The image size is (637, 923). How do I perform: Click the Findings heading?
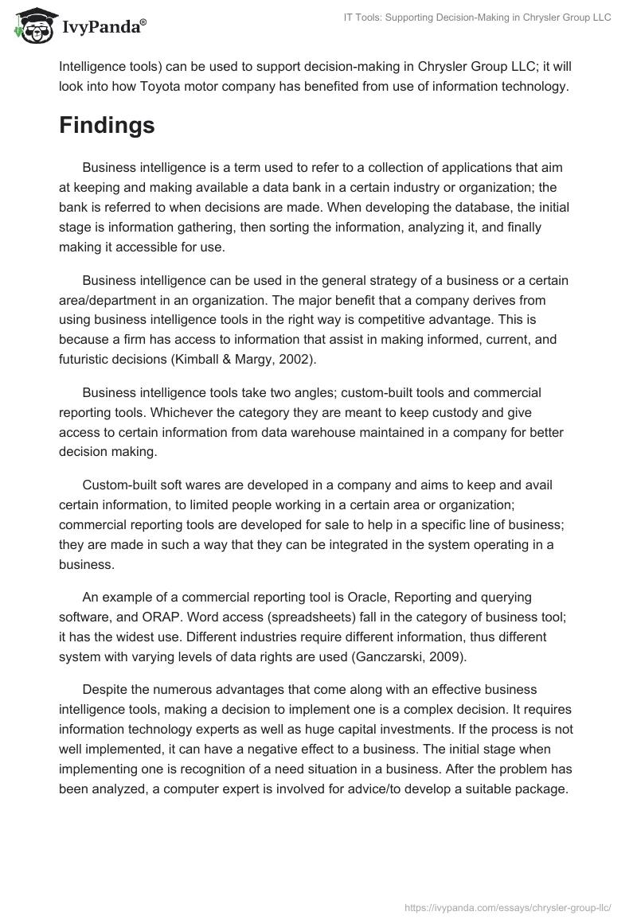[107, 126]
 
